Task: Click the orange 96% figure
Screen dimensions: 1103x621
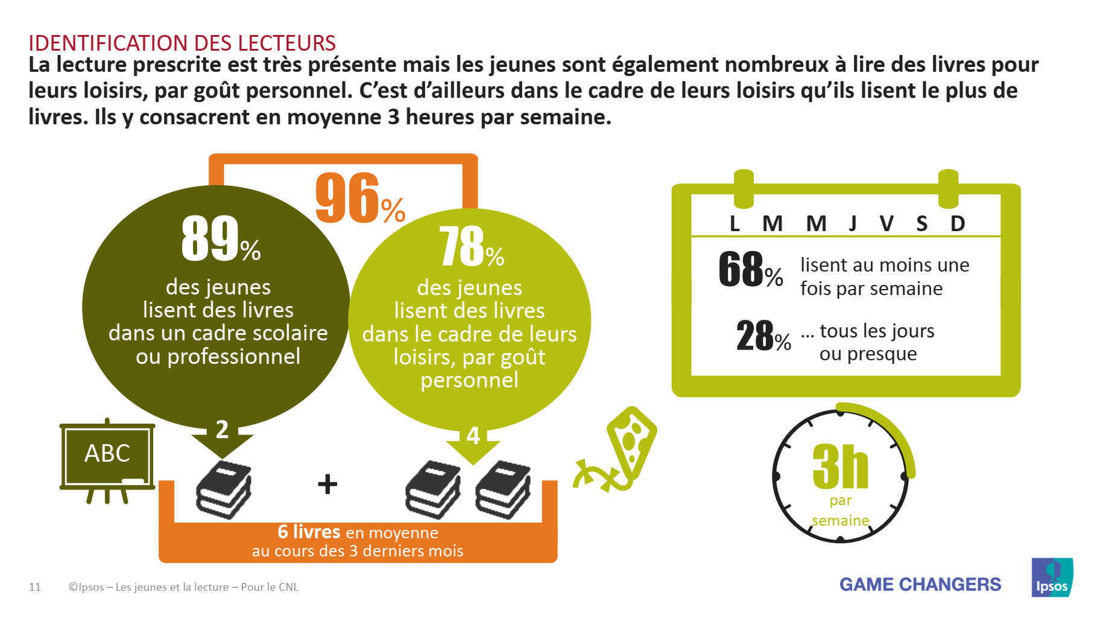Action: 360,198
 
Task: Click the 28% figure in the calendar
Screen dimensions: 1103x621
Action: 763,336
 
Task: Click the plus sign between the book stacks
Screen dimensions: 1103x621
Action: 327,484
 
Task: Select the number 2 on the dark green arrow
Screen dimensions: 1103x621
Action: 222,430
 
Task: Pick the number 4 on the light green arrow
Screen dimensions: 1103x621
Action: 473,436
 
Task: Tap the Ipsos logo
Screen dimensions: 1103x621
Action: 1052,578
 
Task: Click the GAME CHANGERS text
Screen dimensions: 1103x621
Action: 920,584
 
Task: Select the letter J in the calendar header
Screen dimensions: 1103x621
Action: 853,224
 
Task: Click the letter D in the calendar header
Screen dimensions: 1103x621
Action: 958,224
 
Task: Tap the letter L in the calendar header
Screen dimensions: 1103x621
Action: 735,224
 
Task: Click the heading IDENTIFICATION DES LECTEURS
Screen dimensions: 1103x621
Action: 182,43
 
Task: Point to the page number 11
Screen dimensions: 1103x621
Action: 35,587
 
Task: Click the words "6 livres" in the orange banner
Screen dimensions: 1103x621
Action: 309,532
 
